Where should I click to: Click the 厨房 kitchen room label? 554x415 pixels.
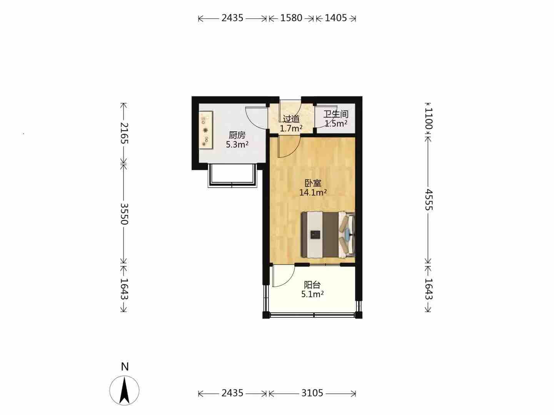click(237, 135)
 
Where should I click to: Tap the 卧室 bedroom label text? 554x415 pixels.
click(313, 183)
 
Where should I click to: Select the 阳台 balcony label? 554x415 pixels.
click(312, 285)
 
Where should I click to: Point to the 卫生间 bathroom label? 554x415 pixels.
click(336, 114)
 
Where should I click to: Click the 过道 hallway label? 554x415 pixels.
click(291, 119)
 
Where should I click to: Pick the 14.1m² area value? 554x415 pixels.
click(313, 193)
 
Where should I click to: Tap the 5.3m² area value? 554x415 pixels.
click(237, 144)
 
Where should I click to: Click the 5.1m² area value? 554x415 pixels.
click(312, 294)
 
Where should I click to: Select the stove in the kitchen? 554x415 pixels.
click(206, 130)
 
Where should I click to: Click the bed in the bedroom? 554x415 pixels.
click(328, 235)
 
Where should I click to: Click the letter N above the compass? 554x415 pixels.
click(125, 367)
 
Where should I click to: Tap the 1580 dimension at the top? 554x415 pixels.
click(291, 18)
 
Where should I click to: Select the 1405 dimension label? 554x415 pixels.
click(336, 18)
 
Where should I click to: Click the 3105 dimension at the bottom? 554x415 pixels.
click(312, 393)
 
